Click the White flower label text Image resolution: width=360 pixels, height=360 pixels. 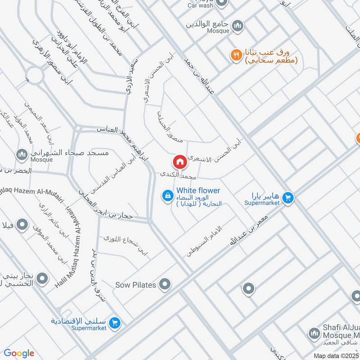tap(198, 191)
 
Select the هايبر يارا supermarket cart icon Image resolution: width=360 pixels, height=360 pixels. tap(288, 197)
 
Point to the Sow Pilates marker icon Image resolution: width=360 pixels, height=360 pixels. tap(165, 284)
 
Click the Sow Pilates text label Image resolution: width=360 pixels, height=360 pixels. tap(135, 285)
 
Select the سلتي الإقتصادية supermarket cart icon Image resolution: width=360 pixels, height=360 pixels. tap(115, 323)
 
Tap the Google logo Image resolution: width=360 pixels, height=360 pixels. tap(19, 353)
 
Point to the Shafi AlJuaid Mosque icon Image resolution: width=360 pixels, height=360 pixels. tap(314, 333)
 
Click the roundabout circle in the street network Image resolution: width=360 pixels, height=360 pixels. tap(35, 75)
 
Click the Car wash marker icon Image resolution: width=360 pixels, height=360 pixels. tap(221, 4)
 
